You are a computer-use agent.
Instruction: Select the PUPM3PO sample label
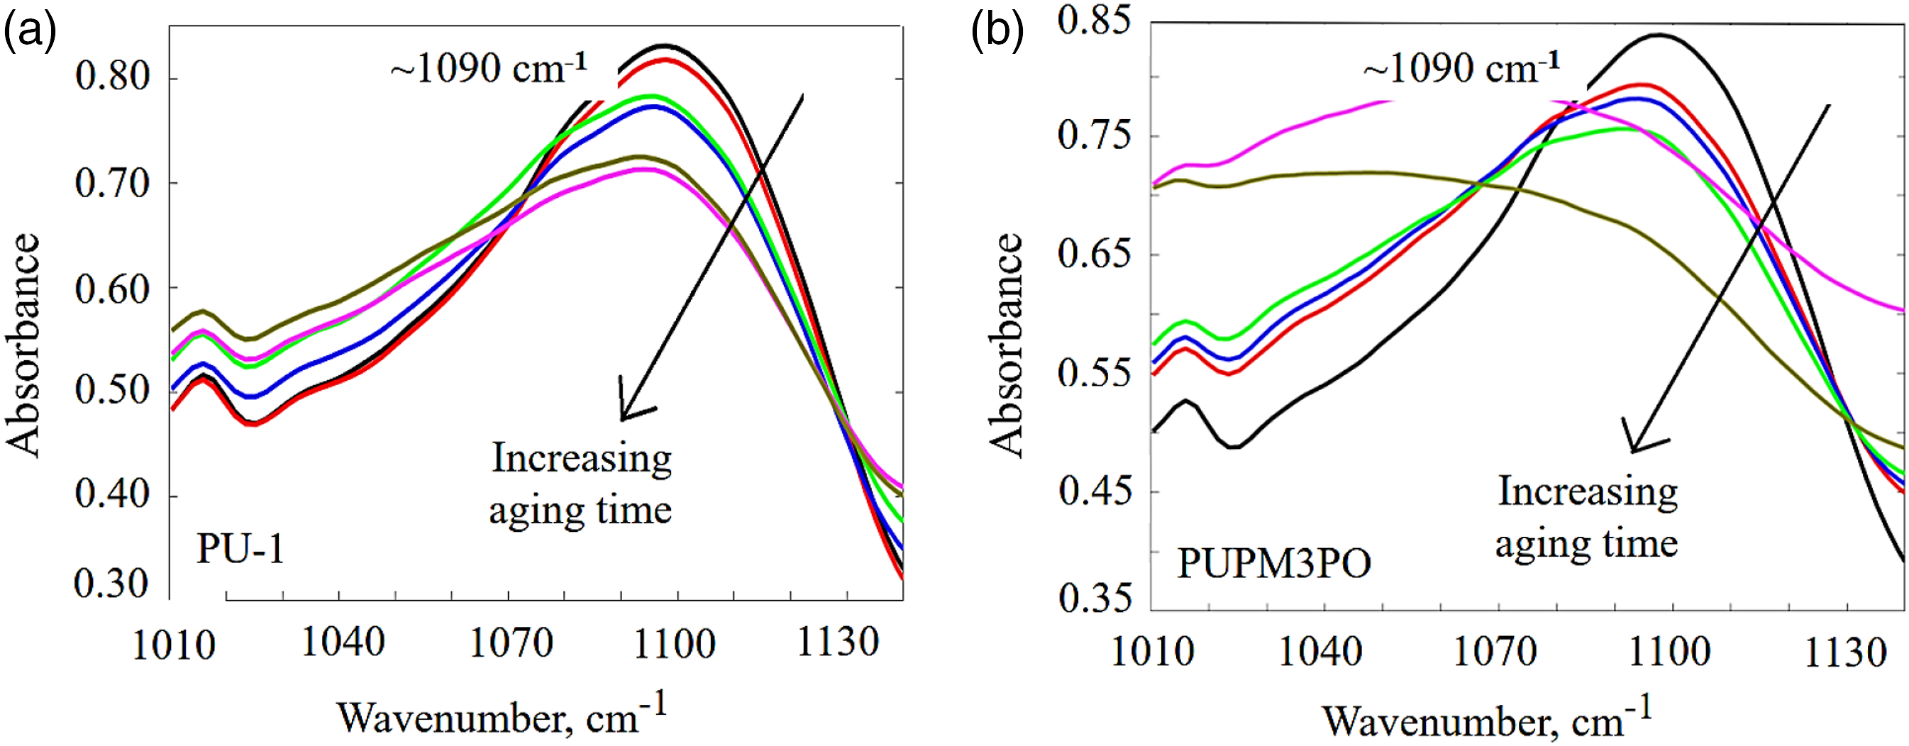[1274, 564]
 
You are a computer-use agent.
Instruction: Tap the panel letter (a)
[30, 33]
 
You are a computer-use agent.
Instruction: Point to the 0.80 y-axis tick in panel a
[113, 77]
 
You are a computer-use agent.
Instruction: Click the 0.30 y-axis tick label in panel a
[113, 584]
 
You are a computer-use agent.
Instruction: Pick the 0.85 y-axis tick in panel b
[1095, 20]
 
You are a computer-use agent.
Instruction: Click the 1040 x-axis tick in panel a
[343, 642]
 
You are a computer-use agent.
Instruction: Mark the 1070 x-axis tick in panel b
[1496, 652]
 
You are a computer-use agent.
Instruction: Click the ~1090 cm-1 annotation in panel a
[489, 69]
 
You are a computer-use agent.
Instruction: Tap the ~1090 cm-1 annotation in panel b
[1461, 69]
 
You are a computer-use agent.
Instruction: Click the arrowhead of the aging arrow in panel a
[623, 419]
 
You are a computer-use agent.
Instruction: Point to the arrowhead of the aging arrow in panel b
[1632, 451]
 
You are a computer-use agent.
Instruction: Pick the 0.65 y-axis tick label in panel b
[1095, 254]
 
